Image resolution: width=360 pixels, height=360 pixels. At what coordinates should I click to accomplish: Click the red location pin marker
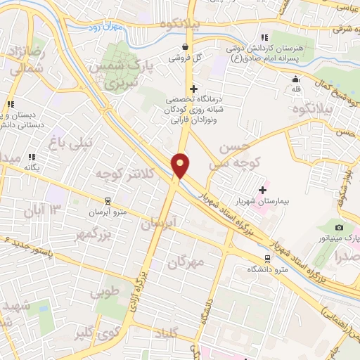click(x=181, y=165)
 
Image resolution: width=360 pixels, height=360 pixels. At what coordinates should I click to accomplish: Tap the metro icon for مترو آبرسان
click(x=107, y=200)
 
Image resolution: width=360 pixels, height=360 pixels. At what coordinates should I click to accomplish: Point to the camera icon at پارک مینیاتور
click(x=339, y=228)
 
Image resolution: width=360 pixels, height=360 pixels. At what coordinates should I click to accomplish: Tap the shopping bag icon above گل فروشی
click(x=184, y=46)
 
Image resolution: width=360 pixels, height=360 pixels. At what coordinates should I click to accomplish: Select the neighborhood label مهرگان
click(x=186, y=262)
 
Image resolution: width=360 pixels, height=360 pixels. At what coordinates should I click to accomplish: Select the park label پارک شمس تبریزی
click(x=118, y=74)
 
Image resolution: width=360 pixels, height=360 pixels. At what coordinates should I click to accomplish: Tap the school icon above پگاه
click(x=31, y=157)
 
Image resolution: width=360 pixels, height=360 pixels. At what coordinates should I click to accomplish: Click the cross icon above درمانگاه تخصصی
click(x=193, y=89)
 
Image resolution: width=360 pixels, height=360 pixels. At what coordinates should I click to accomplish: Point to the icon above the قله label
click(x=295, y=79)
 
